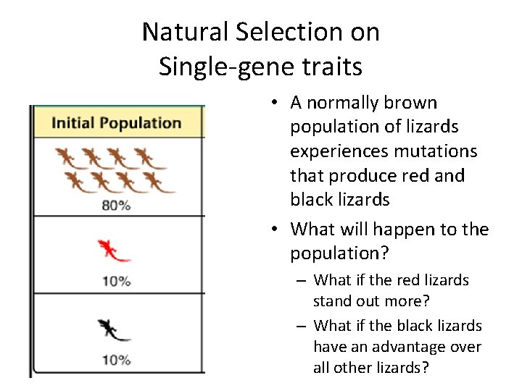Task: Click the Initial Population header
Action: [116, 122]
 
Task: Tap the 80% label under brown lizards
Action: [116, 206]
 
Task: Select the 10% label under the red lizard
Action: [116, 281]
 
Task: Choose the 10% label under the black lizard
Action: [116, 360]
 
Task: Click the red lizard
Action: [113, 251]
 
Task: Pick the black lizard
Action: [113, 330]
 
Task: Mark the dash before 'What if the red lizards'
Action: [301, 280]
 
